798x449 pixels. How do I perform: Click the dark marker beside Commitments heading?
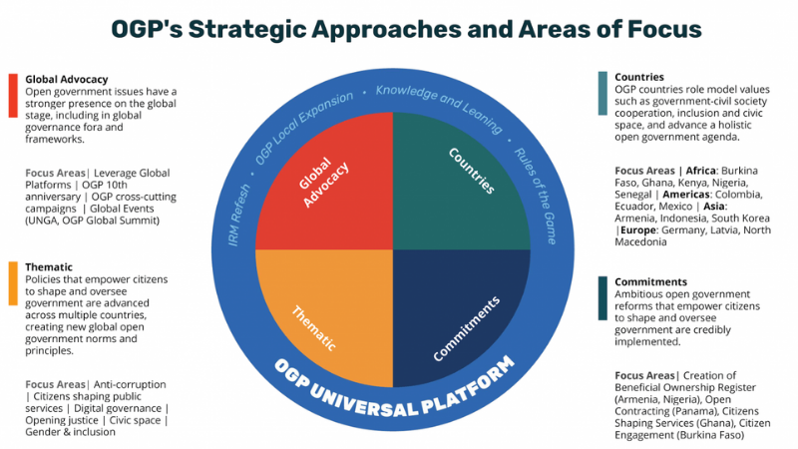[602, 297]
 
